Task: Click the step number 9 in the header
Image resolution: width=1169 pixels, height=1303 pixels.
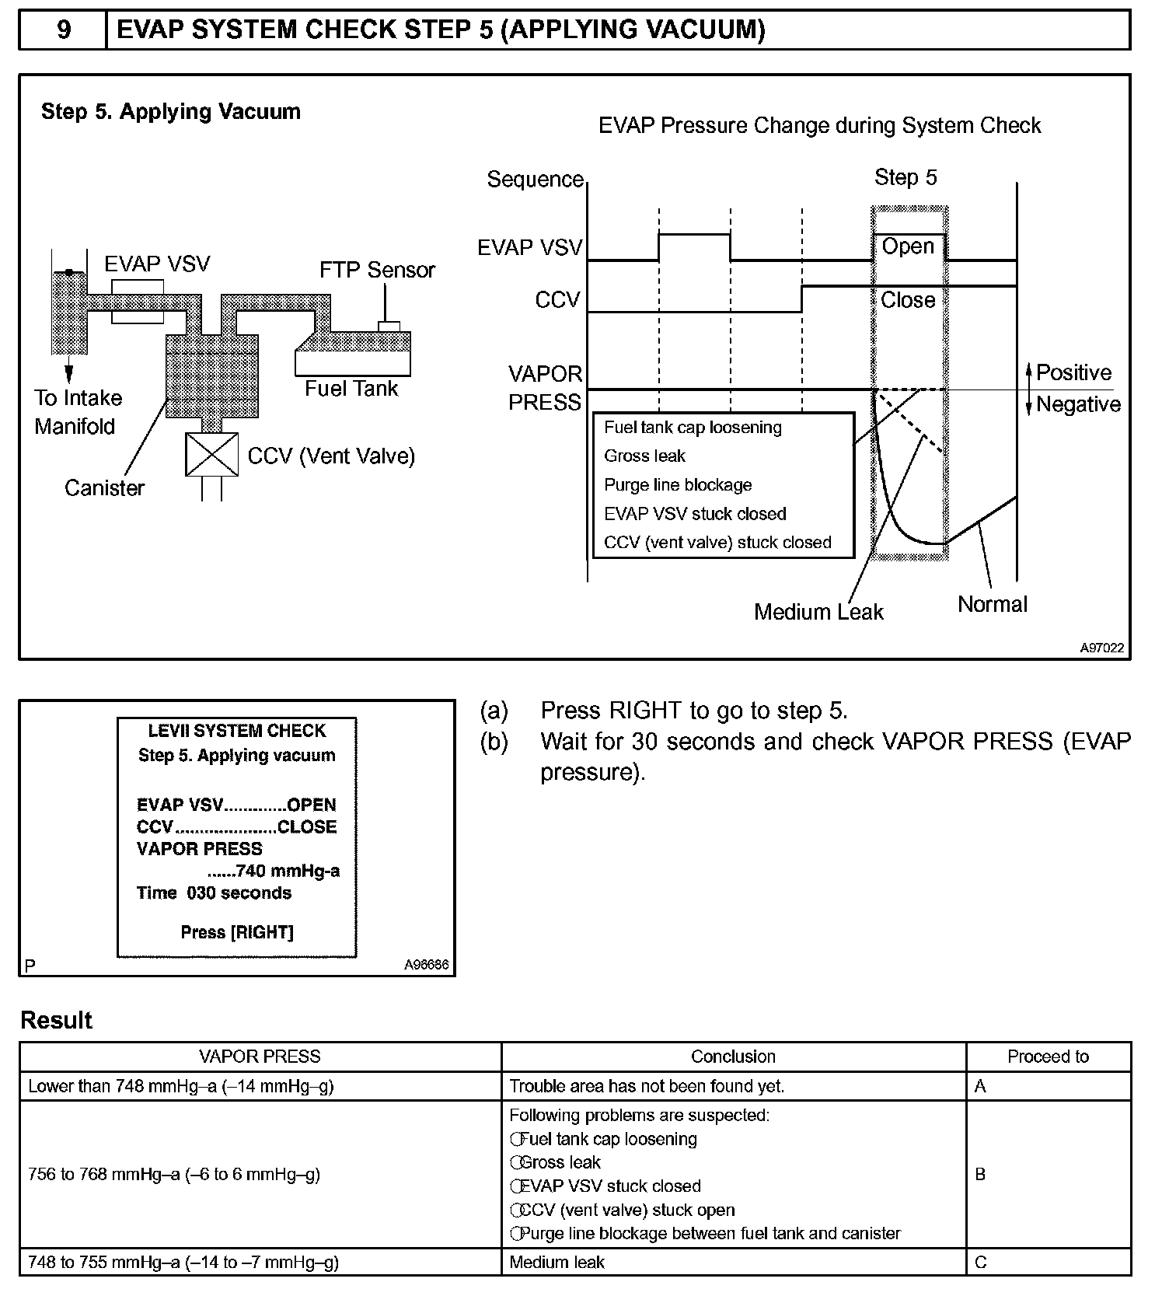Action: tap(64, 30)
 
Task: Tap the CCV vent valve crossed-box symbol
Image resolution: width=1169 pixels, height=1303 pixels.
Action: tap(211, 455)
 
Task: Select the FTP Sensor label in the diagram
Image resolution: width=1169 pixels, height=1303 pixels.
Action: tap(377, 270)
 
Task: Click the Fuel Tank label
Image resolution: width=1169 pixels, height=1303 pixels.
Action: tap(351, 388)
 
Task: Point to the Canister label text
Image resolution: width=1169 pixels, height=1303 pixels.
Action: tap(104, 487)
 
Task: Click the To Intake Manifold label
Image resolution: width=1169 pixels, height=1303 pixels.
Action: tap(77, 412)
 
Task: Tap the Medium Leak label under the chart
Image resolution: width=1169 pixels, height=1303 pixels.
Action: tap(818, 612)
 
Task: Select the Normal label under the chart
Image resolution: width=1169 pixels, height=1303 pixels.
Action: tap(992, 604)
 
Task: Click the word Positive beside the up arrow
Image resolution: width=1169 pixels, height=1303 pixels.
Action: tap(1073, 372)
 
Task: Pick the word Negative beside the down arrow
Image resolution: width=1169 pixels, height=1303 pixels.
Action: tap(1078, 404)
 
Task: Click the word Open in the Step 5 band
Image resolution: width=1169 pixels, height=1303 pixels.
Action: tap(908, 246)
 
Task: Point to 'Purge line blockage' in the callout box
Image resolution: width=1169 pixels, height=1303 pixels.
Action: tap(678, 485)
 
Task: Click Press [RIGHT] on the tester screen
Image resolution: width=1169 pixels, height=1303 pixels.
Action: tap(237, 932)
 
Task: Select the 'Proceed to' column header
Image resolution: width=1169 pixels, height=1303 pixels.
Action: tap(1048, 1057)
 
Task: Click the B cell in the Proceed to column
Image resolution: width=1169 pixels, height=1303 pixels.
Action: tap(980, 1174)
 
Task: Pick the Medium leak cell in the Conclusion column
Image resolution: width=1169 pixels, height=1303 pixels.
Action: tap(557, 1263)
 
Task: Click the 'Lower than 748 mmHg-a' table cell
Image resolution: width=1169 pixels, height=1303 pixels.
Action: tap(181, 1086)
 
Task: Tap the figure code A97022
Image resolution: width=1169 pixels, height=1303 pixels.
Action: tap(1101, 648)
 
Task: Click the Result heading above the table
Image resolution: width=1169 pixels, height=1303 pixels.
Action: tap(56, 1020)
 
